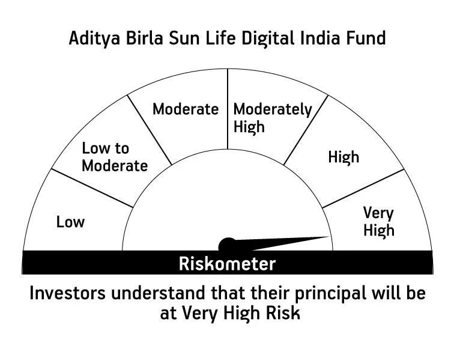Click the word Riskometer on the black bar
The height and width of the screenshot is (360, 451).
pos(227,263)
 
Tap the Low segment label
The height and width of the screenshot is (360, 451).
pos(70,222)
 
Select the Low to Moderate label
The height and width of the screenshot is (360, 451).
pos(115,157)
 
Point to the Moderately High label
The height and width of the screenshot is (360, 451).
pos(273,118)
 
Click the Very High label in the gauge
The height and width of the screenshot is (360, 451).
pos(378,221)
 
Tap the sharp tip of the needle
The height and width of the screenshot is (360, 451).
pos(329,237)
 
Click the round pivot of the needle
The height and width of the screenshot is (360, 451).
pos(228,245)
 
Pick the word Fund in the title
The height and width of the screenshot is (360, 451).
pos(366,38)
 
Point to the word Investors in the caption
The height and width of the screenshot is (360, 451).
pos(68,293)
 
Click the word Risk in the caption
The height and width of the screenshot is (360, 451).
pos(283,313)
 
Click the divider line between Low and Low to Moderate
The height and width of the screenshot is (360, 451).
pos(92,188)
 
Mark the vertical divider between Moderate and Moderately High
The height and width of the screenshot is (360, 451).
pos(228,109)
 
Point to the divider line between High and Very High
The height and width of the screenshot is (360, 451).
pos(363,189)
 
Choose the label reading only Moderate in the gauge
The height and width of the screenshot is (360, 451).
pos(186,109)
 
